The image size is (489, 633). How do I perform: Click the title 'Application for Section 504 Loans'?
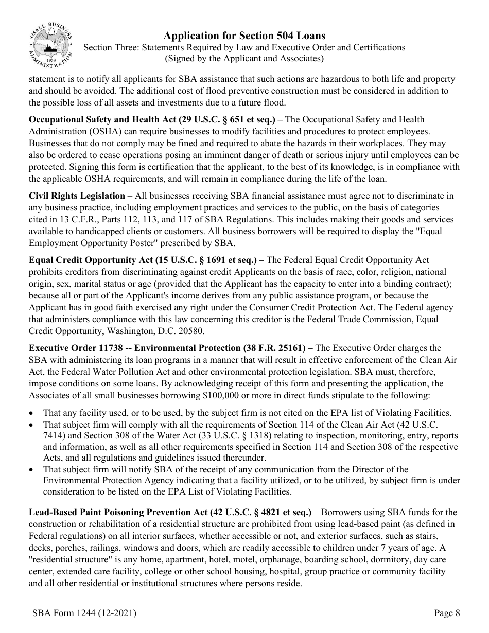(244, 36)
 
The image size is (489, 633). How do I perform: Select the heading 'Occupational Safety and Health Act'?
(103, 120)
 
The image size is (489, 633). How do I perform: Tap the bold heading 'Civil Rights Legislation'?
(77, 196)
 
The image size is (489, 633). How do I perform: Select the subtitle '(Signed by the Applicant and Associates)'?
(244, 58)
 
